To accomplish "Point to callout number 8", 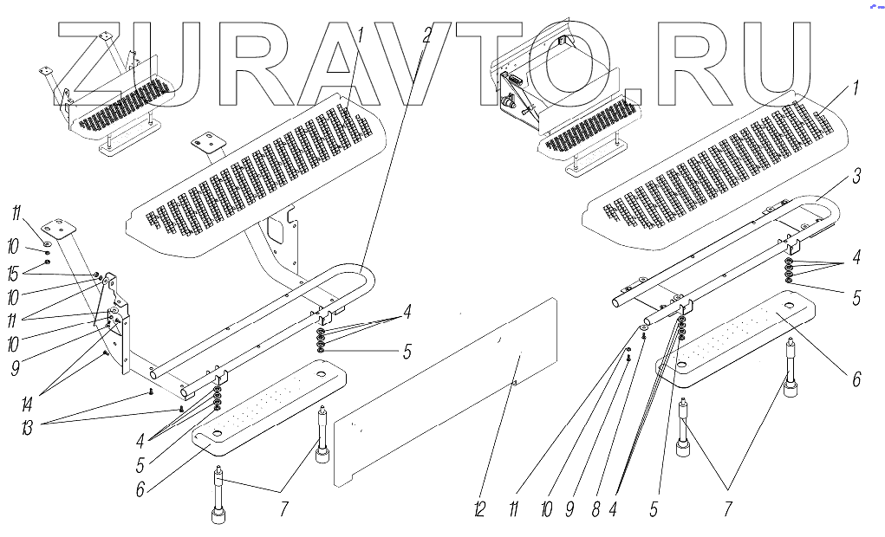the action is tap(595, 510).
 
